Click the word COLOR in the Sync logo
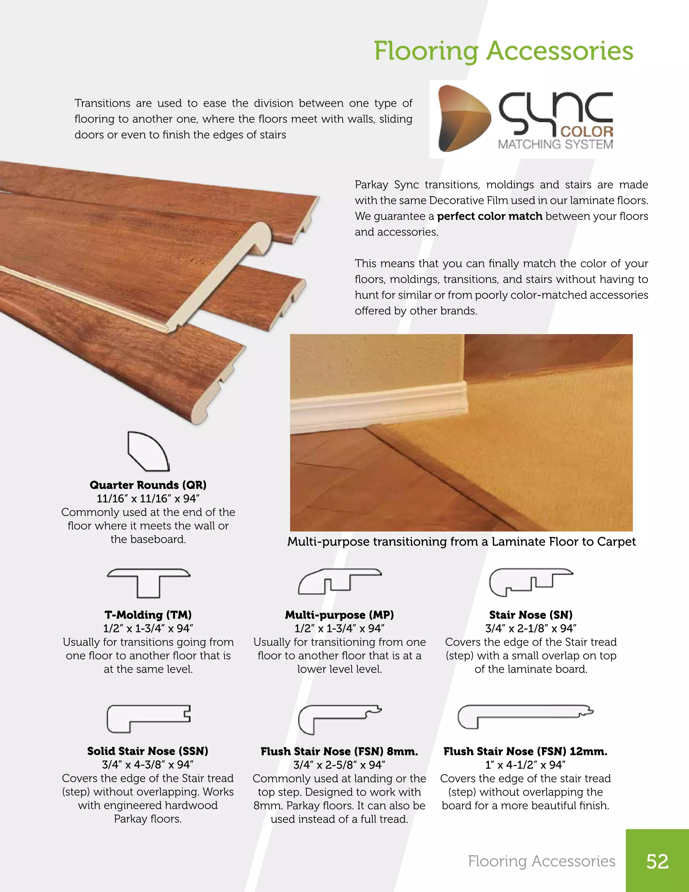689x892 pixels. click(586, 132)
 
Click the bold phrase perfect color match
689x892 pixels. click(489, 216)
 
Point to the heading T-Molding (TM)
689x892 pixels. click(148, 615)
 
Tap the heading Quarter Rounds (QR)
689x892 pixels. click(148, 485)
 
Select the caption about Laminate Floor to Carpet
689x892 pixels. click(461, 542)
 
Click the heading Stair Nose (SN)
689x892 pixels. click(531, 615)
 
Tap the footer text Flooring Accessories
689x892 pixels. click(541, 861)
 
